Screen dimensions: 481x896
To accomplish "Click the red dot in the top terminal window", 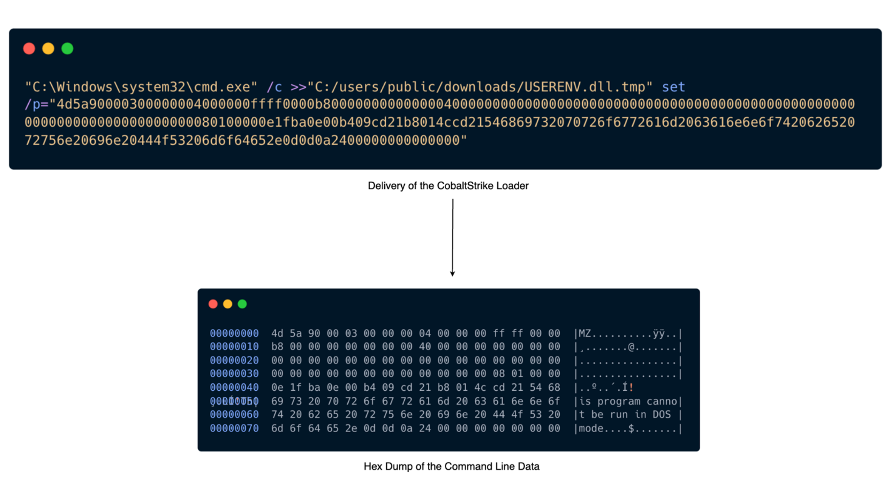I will pyautogui.click(x=29, y=49).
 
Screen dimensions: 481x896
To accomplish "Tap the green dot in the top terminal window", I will pyautogui.click(x=67, y=49).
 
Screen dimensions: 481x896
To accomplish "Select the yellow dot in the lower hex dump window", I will pyautogui.click(x=227, y=304).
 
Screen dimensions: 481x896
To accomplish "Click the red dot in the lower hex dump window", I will pyautogui.click(x=213, y=304).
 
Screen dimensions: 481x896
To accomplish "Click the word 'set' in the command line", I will pyautogui.click(x=673, y=87).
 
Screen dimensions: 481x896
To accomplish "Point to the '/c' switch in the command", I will pyautogui.click(x=274, y=87).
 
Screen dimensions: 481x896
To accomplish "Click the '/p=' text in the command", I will pyautogui.click(x=37, y=104).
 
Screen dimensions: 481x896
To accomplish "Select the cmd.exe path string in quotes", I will pyautogui.click(x=141, y=87).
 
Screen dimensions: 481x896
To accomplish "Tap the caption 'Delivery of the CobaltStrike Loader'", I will pyautogui.click(x=448, y=186).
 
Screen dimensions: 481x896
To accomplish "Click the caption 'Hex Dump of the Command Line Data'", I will pyautogui.click(x=451, y=466).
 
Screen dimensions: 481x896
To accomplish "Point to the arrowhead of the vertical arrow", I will pyautogui.click(x=452, y=274).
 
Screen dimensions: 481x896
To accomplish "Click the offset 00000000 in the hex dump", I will pyautogui.click(x=234, y=333).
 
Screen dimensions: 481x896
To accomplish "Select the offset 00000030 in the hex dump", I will pyautogui.click(x=234, y=374).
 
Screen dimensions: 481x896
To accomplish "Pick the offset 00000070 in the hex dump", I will pyautogui.click(x=234, y=429).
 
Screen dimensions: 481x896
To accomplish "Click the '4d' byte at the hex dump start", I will pyautogui.click(x=277, y=333).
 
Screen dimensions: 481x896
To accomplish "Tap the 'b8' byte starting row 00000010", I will pyautogui.click(x=277, y=347).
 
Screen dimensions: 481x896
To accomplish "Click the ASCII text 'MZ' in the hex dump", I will pyautogui.click(x=585, y=333).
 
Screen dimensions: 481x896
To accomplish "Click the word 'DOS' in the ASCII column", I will pyautogui.click(x=662, y=415).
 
